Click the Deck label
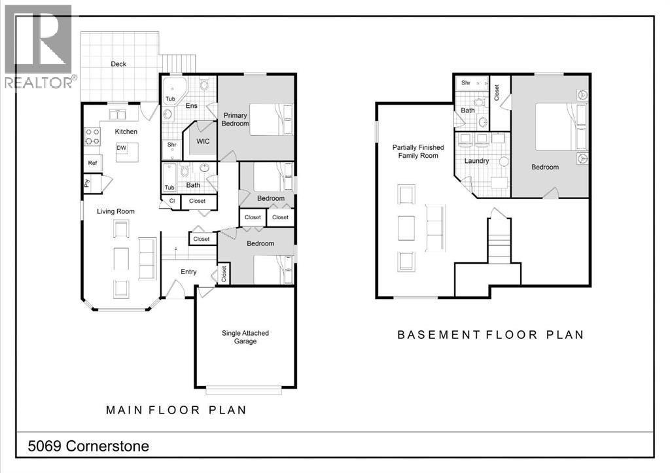(118, 64)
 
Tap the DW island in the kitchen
(122, 149)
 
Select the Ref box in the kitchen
(92, 164)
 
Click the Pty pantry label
(86, 184)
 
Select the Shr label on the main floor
(171, 145)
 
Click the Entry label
(188, 272)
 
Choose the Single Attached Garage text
(245, 337)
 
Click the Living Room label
(116, 211)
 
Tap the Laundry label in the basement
(477, 160)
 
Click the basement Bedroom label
(544, 167)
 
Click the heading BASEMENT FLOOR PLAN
(491, 334)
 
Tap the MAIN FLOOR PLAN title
(177, 410)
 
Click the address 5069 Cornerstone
(88, 446)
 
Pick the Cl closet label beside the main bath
(171, 201)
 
